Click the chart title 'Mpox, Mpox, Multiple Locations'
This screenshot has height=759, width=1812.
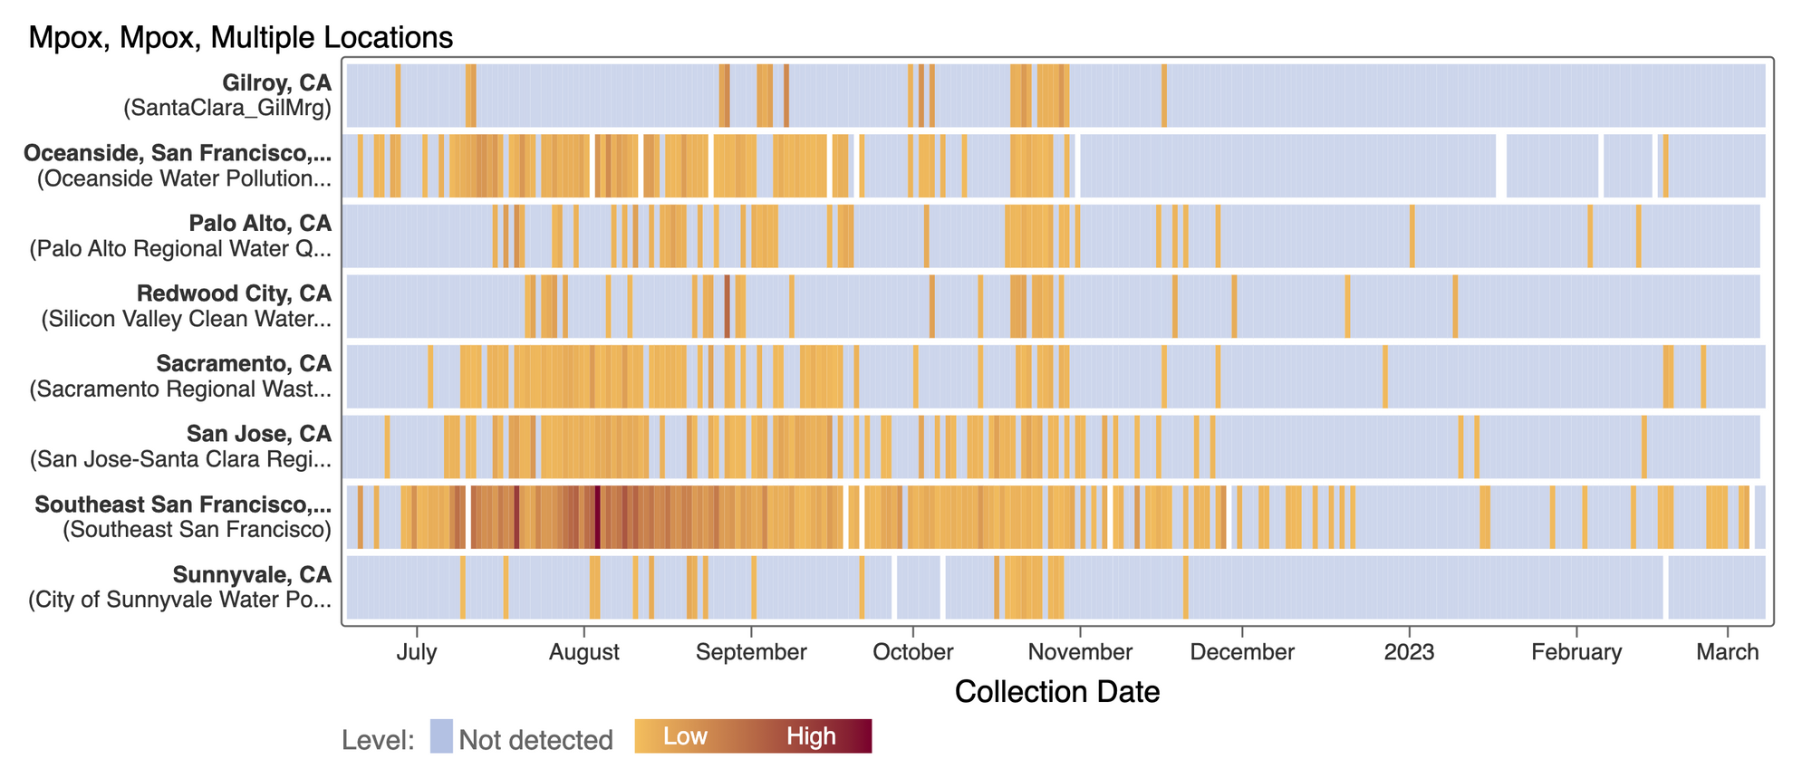tap(240, 37)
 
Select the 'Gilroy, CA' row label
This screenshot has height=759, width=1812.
tap(277, 82)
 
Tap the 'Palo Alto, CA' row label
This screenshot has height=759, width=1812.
tap(260, 223)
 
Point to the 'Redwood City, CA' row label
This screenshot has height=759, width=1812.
tap(234, 293)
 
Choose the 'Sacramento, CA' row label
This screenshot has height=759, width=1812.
tap(244, 363)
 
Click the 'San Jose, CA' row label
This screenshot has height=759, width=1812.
tap(259, 434)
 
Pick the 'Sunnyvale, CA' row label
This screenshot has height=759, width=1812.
tap(252, 574)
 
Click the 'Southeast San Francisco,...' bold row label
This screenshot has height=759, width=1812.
tap(183, 504)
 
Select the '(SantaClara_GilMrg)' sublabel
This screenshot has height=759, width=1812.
tap(227, 108)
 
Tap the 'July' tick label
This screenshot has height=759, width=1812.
tap(417, 652)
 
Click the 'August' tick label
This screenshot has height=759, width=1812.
tap(584, 652)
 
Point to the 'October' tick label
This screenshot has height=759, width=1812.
tap(913, 652)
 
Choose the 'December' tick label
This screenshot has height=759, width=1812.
tap(1242, 652)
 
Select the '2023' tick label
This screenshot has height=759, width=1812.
tap(1409, 652)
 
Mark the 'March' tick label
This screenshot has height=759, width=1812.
tap(1728, 652)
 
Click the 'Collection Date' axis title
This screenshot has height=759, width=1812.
tap(1057, 692)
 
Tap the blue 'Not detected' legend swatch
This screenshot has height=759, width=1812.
tap(441, 736)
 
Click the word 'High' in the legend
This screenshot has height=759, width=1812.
tap(811, 736)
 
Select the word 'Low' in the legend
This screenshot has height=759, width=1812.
tap(685, 736)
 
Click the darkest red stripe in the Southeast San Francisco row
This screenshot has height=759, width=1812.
tap(597, 517)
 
